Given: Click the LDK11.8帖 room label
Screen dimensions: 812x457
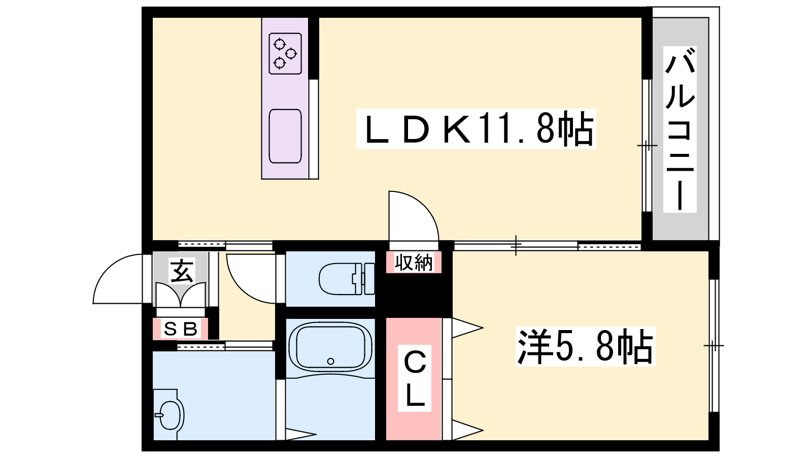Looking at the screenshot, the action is pos(476,129).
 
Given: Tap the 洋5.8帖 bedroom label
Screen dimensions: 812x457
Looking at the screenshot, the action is pos(585,346).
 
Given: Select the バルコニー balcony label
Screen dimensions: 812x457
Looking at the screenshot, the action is pos(680,129).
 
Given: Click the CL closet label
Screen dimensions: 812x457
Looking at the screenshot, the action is pos(414,378).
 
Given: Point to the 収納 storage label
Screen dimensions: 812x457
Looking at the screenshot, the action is pos(414,262).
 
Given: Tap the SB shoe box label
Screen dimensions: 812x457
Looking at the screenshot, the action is pos(181,329).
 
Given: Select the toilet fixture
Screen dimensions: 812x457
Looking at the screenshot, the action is pos(347,279).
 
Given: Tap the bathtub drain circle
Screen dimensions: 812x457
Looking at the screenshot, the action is pos(330,361).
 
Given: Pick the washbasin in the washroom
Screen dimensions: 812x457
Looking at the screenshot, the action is pos(169,414).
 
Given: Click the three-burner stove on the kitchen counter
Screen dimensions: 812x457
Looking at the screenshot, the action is pos(285,54).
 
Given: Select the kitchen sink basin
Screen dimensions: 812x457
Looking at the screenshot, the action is pos(285,136).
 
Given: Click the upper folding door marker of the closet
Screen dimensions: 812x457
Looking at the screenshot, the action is pos(467,328).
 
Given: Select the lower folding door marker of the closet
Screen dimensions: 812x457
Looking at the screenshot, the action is pos(467,431).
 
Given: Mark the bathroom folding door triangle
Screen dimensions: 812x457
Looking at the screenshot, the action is pos(300,434).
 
